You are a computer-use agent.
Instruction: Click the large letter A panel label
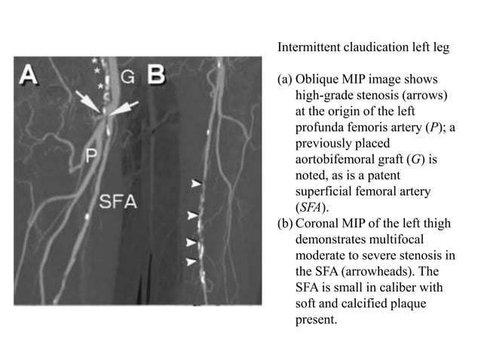click(x=29, y=75)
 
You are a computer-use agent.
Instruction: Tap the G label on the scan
click(x=128, y=75)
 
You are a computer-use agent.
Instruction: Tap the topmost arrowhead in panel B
click(x=196, y=183)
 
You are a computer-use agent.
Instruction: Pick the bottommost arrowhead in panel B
click(x=192, y=261)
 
